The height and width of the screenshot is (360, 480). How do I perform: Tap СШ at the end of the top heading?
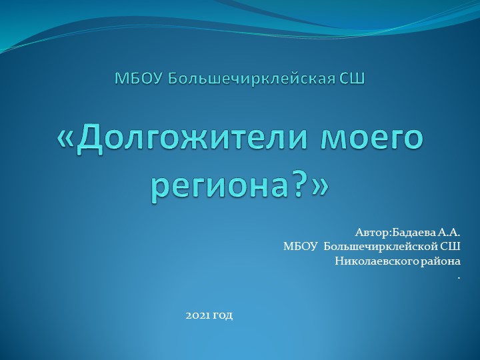click(351, 79)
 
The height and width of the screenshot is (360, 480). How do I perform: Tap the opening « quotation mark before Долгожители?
click(67, 141)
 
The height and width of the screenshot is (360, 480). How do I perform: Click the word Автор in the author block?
click(371, 233)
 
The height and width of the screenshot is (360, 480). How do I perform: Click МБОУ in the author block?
click(300, 247)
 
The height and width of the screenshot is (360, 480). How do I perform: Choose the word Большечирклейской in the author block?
click(382, 247)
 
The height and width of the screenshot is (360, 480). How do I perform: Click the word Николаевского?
click(374, 261)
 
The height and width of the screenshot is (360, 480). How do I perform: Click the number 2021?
click(198, 314)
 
